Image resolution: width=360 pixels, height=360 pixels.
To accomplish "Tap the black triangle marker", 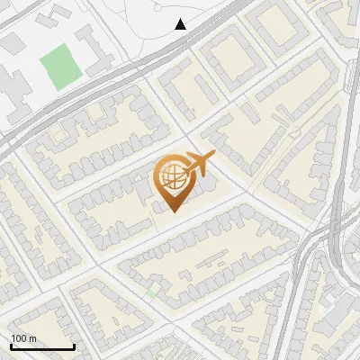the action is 181,24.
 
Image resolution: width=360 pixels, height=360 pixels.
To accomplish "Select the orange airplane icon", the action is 200,165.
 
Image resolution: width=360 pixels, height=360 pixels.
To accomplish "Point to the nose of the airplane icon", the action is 214,155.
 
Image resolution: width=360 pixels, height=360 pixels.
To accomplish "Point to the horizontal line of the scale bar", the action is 42,346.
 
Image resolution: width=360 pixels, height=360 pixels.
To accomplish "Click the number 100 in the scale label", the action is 20,338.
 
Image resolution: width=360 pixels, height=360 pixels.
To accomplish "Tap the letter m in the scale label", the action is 32,338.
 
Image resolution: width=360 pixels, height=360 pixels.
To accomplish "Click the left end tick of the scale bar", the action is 12,345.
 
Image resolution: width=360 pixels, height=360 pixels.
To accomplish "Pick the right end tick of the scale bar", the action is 74,345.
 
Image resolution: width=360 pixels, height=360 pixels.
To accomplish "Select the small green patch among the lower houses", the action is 152,292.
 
